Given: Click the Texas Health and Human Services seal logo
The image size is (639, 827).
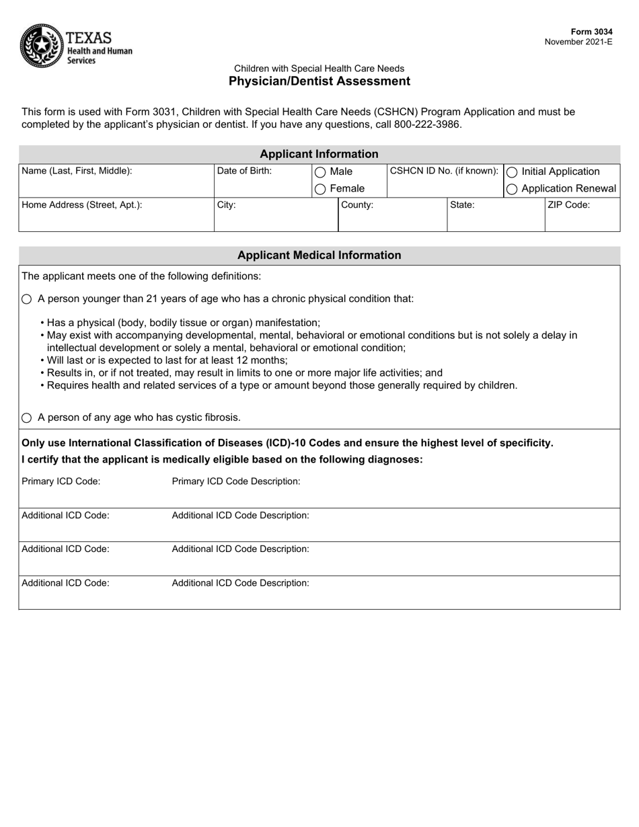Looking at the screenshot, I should (x=42, y=46).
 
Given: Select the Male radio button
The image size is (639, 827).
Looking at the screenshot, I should (x=320, y=172).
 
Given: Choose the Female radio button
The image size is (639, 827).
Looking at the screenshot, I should (x=320, y=190).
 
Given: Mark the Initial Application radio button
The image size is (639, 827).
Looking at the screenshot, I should (x=512, y=172).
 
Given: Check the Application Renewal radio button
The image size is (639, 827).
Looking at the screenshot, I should (x=512, y=190).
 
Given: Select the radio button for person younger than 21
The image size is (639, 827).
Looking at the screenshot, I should (x=27, y=299).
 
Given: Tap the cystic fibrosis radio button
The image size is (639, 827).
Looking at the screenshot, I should (x=27, y=418).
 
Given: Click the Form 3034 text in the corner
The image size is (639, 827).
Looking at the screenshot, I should (x=591, y=32).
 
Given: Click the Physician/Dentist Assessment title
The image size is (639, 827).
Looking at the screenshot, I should (x=319, y=81).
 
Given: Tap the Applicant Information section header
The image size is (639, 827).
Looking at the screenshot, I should (x=319, y=154).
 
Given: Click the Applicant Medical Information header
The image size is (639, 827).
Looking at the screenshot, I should (x=319, y=255).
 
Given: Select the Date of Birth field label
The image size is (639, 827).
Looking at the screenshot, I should (x=244, y=171).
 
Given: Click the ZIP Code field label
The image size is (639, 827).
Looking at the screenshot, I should (x=569, y=205).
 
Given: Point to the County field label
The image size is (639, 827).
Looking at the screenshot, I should (x=357, y=205).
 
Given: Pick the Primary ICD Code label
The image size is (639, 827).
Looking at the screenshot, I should (x=61, y=481).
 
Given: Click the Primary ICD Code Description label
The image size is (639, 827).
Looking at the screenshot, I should (x=236, y=481).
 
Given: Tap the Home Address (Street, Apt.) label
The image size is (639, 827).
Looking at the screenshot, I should (x=82, y=205).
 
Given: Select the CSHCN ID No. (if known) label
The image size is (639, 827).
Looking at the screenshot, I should (x=444, y=171).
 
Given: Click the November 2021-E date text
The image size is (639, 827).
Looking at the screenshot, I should (x=578, y=42).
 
